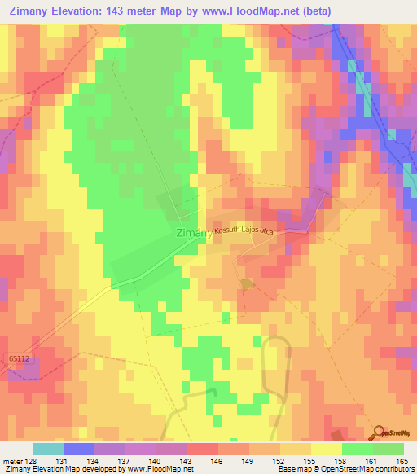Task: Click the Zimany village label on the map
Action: click(x=193, y=233)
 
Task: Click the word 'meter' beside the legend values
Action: click(x=13, y=460)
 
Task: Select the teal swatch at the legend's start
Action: click(x=48, y=449)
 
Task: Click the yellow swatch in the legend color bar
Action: click(x=326, y=449)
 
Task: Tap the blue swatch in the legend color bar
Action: click(x=79, y=449)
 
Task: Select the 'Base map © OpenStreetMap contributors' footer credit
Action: click(x=345, y=469)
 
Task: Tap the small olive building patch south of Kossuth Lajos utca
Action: click(x=247, y=283)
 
